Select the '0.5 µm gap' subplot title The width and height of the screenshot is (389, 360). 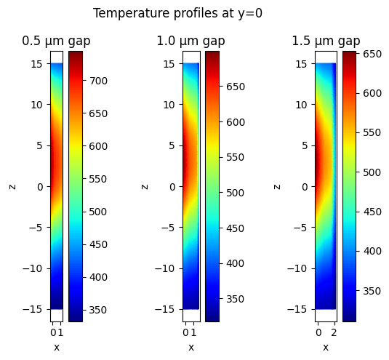(56, 41)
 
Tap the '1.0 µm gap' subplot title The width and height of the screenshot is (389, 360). (191, 41)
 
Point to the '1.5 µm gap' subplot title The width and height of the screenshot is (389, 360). (326, 41)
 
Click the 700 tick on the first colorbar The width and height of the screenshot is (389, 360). (98, 80)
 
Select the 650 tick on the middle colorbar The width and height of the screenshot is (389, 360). (235, 87)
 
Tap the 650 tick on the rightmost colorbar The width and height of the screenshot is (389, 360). (372, 54)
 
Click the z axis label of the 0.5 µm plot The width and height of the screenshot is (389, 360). (12, 186)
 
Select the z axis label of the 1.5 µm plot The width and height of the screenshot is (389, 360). (277, 186)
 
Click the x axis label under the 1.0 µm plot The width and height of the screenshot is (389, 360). (191, 347)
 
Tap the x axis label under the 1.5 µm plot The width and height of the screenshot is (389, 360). (326, 347)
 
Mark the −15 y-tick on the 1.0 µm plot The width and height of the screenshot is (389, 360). (168, 309)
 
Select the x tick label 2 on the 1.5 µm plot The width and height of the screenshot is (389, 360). (334, 332)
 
